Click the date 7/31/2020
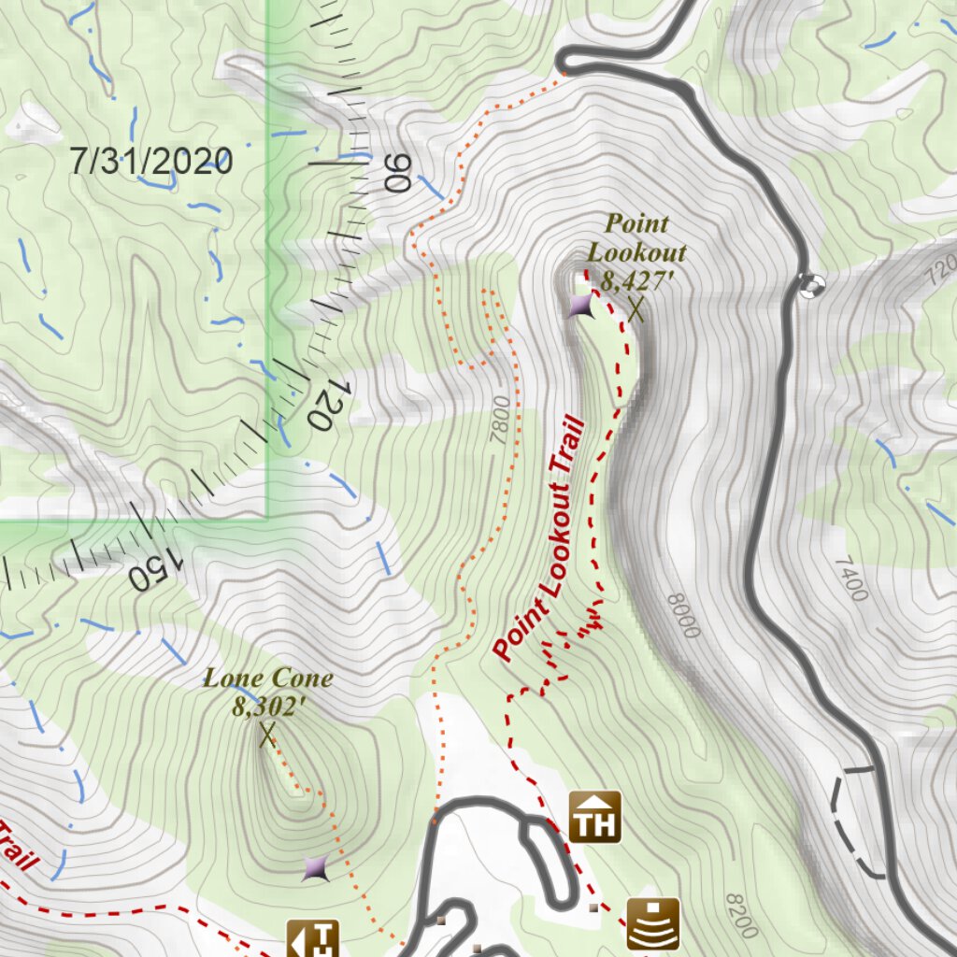[150, 162]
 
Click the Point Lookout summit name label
[636, 237]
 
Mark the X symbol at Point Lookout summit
[636, 309]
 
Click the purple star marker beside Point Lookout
[580, 306]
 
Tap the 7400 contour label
[850, 578]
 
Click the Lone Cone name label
[268, 678]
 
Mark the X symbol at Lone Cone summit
[267, 736]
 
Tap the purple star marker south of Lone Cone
[316, 869]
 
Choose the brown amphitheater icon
[652, 923]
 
